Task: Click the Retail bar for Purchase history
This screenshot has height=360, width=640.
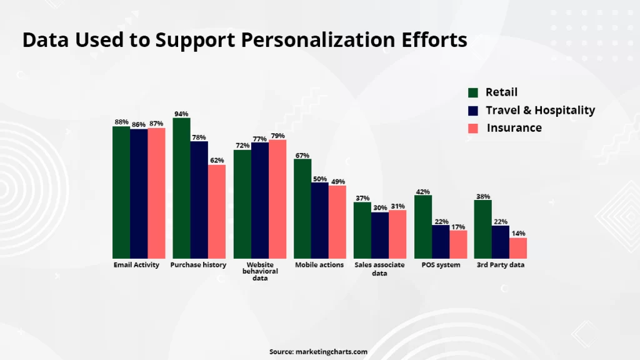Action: (182, 188)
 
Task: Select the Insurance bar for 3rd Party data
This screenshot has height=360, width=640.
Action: (518, 248)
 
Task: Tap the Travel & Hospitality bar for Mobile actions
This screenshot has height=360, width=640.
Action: (320, 221)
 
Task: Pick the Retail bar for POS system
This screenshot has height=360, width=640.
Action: (423, 227)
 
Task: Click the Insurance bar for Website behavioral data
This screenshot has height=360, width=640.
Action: (277, 199)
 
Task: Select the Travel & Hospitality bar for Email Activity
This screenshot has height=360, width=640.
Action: (139, 194)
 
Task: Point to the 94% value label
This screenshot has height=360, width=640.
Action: (182, 114)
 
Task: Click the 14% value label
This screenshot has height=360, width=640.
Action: (518, 233)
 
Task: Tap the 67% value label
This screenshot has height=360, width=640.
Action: (302, 155)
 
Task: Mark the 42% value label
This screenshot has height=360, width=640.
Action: (423, 191)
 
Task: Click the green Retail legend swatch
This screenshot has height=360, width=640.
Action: (473, 92)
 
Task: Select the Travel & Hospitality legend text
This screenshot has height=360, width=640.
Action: (540, 110)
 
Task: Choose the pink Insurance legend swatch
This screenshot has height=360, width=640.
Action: (473, 128)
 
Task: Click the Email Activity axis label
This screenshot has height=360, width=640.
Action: (136, 265)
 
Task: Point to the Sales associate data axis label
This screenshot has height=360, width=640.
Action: (379, 269)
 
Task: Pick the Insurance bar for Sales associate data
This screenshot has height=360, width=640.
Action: (397, 234)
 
